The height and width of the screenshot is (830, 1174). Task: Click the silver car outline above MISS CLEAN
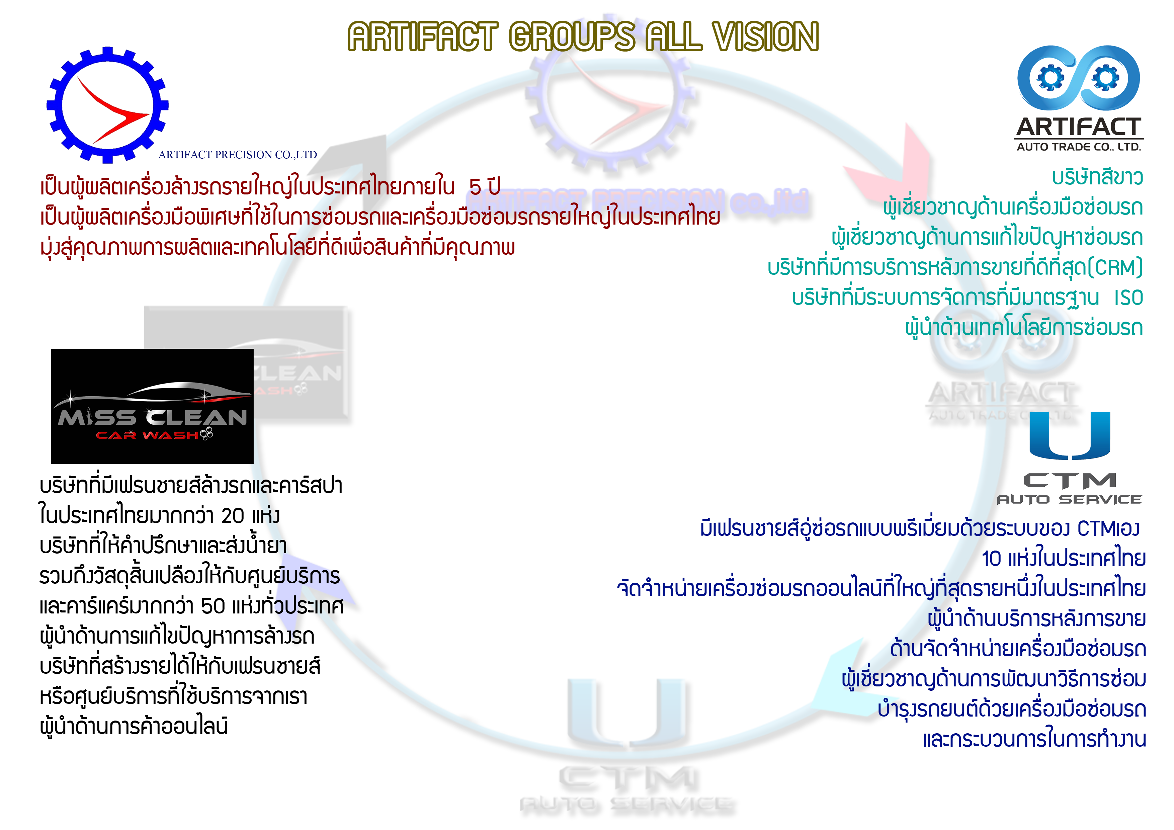click(x=153, y=394)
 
